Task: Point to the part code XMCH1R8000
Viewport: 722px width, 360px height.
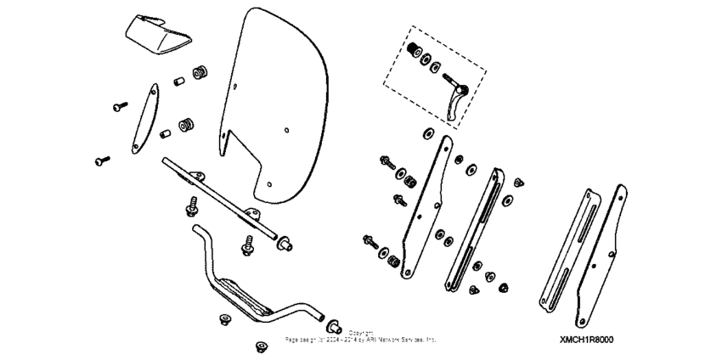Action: [586, 339]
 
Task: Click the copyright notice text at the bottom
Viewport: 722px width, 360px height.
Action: [361, 335]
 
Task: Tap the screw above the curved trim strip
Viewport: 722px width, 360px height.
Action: [119, 105]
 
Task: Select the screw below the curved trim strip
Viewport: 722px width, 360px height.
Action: [103, 159]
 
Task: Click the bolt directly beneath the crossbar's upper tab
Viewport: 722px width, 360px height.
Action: [192, 205]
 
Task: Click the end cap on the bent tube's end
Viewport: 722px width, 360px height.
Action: [333, 325]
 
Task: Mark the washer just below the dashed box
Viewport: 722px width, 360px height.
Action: [426, 133]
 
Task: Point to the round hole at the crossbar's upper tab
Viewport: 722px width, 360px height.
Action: [200, 175]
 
